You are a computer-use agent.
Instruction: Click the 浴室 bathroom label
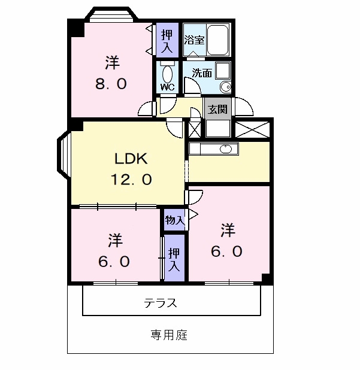tap(194, 40)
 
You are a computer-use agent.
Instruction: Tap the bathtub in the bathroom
tap(218, 40)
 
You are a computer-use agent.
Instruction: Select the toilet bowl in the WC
tap(168, 74)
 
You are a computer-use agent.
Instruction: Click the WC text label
tap(167, 87)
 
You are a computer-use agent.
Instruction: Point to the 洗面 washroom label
tap(202, 73)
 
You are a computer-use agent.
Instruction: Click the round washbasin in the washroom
tap(226, 87)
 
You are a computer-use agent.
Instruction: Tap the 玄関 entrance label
tap(217, 110)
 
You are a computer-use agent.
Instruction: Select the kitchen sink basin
tap(226, 149)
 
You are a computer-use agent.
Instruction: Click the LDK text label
tap(131, 158)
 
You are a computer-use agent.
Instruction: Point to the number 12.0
tap(131, 179)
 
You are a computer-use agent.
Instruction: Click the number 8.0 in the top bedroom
tap(111, 84)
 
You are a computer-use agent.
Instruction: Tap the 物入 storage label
tap(174, 220)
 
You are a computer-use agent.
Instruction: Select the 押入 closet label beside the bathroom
tap(167, 41)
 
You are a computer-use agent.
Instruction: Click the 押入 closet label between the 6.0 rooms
tap(174, 260)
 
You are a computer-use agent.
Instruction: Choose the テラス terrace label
tap(161, 303)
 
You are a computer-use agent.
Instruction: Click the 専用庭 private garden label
tap(169, 335)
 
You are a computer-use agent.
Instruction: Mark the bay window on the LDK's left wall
tap(63, 155)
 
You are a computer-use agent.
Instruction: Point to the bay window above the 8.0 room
tap(111, 14)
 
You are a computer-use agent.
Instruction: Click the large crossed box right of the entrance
tap(252, 129)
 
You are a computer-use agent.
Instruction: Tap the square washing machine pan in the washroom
tap(223, 71)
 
